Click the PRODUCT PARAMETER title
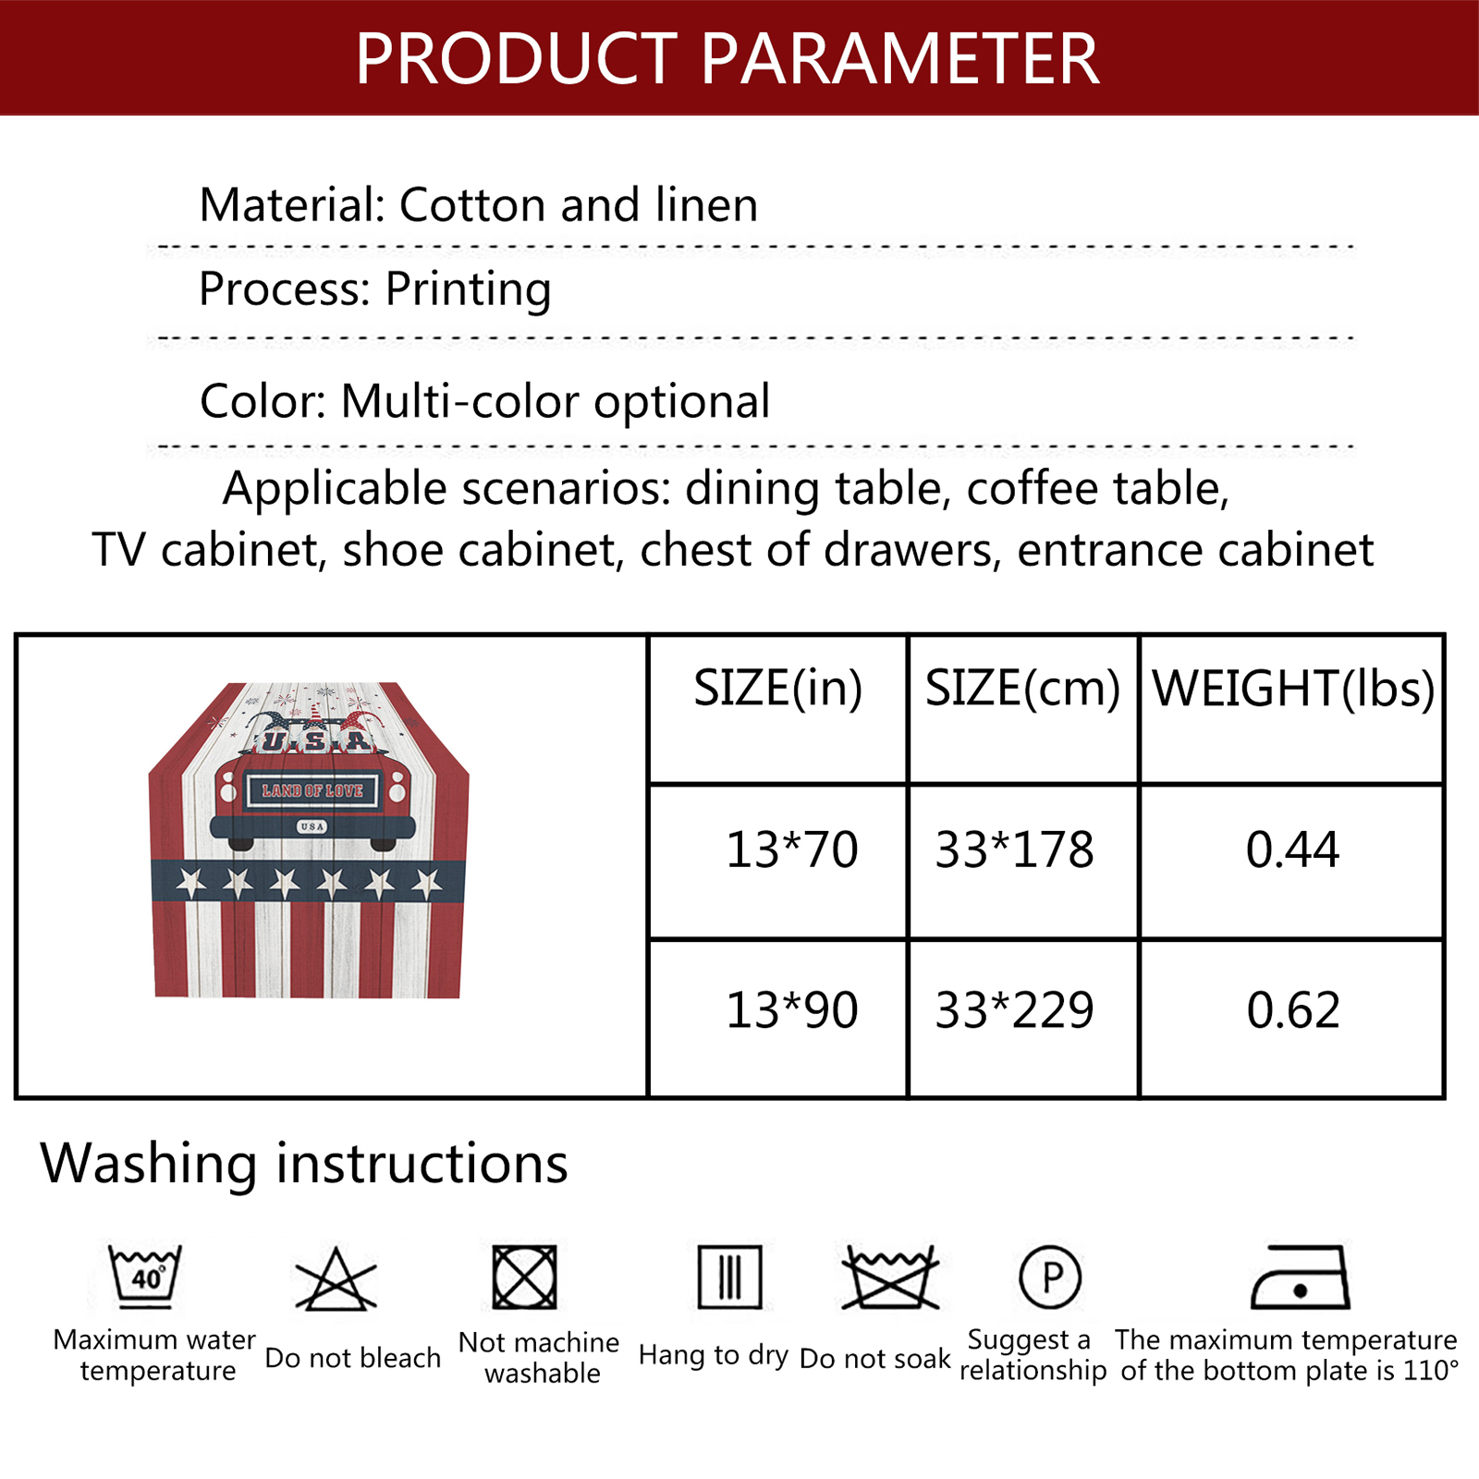tap(727, 59)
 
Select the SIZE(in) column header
tap(778, 689)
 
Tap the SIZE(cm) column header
tap(1022, 689)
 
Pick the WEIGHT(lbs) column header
tap(1293, 689)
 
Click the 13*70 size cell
tap(792, 850)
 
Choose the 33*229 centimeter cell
tap(1014, 1009)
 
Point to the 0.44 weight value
tap(1292, 850)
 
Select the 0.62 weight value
tap(1293, 1009)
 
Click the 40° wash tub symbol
tap(145, 1277)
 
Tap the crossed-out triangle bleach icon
tap(336, 1279)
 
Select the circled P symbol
tap(1050, 1277)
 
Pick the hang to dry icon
tap(729, 1277)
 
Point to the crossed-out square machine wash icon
tap(524, 1277)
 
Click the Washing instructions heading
tap(304, 1163)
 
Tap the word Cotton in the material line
tap(473, 204)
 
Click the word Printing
tap(468, 289)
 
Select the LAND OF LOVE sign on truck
tap(312, 791)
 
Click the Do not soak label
tap(874, 1358)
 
